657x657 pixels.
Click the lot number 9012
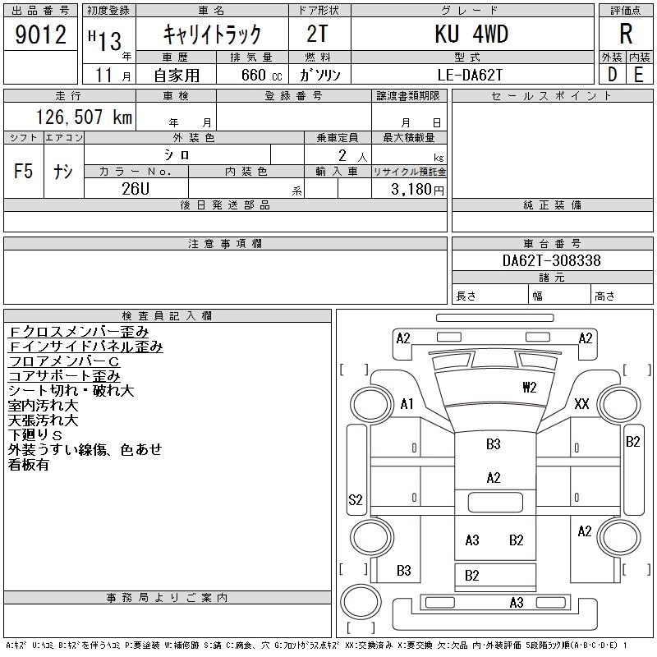(40, 34)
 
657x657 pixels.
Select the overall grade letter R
(626, 34)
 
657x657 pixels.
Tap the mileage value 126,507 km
(84, 117)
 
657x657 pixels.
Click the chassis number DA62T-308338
(551, 260)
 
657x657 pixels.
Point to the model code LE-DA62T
(470, 75)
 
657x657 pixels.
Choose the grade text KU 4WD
(471, 34)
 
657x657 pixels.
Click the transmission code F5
(23, 171)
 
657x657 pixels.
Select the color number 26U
(136, 189)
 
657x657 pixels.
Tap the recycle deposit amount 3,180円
(417, 190)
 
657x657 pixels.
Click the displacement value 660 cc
(261, 75)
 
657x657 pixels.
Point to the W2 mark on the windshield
(529, 387)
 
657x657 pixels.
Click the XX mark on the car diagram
(581, 404)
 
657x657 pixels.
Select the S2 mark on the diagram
(356, 499)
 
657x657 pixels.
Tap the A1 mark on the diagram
(407, 404)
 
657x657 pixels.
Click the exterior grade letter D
(612, 75)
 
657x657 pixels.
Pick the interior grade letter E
(639, 75)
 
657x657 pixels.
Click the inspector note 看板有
(29, 465)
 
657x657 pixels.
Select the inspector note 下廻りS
(35, 435)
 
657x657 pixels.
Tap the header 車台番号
(552, 243)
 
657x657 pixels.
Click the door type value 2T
(317, 34)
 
